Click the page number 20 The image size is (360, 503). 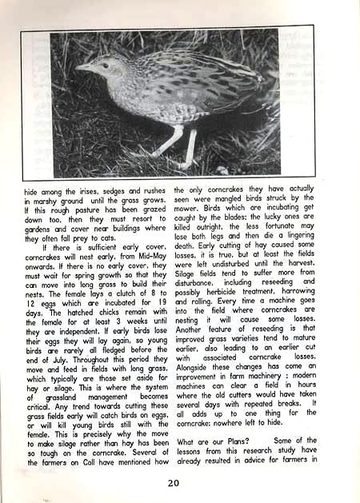coord(174,482)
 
